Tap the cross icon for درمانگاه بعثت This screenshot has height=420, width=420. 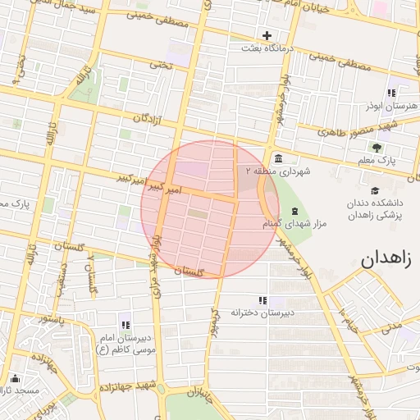(267, 35)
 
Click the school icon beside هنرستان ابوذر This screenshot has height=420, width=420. (391, 93)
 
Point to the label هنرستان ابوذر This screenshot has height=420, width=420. (390, 107)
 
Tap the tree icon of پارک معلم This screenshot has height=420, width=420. (377, 148)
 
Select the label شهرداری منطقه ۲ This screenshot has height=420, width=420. (274, 171)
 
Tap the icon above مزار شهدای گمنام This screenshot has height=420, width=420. (294, 211)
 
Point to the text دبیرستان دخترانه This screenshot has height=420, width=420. (262, 313)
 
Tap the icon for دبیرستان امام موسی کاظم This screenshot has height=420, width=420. (125, 325)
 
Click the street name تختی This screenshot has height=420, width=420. (161, 64)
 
